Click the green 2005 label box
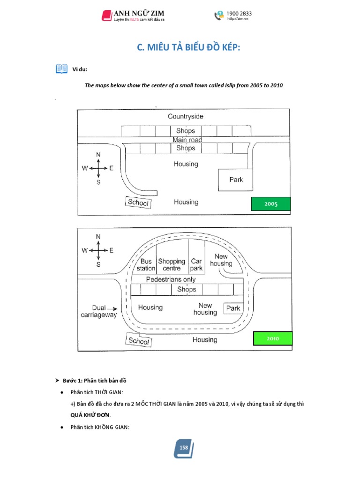pos(271,204)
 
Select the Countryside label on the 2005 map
pos(186,116)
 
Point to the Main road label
pos(187,140)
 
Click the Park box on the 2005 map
pos(236,179)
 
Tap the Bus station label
pos(146,265)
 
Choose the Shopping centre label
pos(172,265)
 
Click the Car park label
pos(196,265)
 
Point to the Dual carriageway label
pos(98,311)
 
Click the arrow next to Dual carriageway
pos(113,308)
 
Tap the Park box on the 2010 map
pos(233,308)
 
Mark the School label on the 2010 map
pos(138,340)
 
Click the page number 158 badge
pos(183,448)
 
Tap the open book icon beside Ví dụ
pos(61,69)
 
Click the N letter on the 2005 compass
pos(98,154)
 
